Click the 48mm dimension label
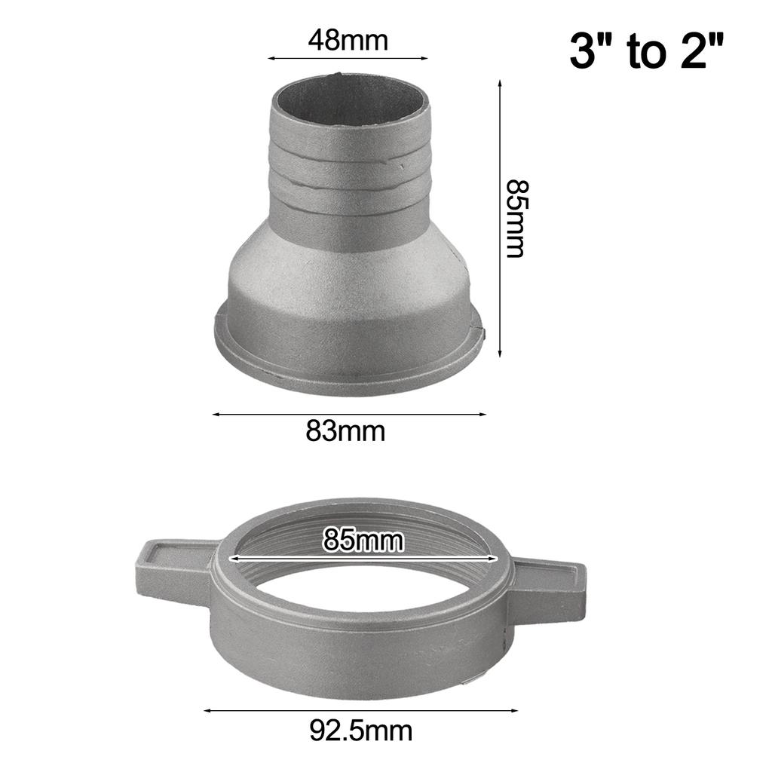point(348,40)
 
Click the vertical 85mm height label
point(515,218)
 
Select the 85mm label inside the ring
point(363,540)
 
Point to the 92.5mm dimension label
point(360,730)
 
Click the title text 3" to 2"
point(646,52)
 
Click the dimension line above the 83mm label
point(348,413)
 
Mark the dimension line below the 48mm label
point(348,57)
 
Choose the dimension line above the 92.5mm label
point(360,709)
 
